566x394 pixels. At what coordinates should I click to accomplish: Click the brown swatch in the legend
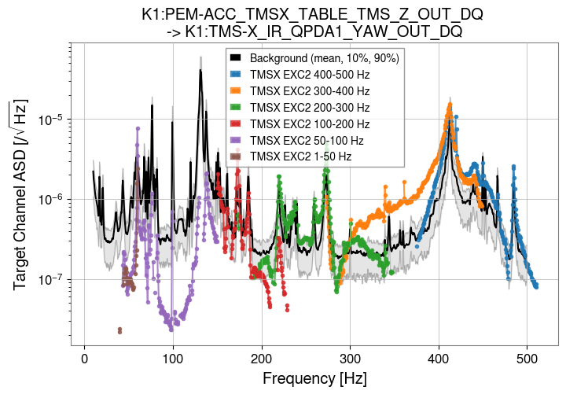[x=235, y=157]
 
